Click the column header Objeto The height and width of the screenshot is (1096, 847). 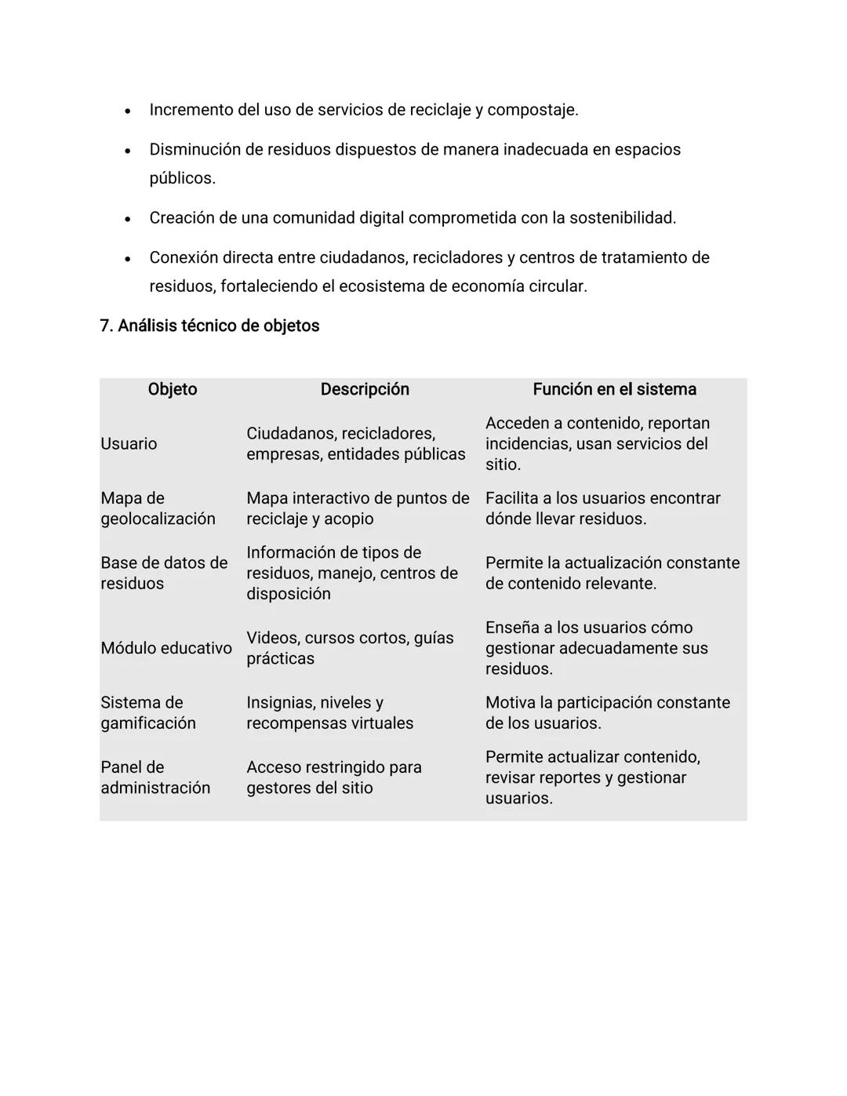click(x=172, y=389)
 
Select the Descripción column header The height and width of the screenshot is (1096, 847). click(x=365, y=389)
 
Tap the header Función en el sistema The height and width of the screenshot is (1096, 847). click(x=614, y=389)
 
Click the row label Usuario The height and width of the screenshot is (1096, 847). click(x=129, y=444)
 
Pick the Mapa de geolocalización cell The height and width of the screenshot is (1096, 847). click(x=158, y=508)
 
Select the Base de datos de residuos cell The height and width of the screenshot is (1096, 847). click(x=164, y=573)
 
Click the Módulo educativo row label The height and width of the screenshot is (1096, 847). click(x=166, y=648)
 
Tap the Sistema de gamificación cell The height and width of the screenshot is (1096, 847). click(x=148, y=712)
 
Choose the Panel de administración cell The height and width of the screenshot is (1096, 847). click(x=155, y=777)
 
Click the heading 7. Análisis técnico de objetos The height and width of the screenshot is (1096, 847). click(x=209, y=326)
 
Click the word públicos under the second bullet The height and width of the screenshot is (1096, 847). click(x=181, y=178)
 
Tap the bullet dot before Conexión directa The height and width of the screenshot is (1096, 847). click(x=127, y=259)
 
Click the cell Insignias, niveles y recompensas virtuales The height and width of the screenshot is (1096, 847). click(x=329, y=712)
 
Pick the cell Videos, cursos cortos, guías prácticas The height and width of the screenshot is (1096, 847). click(x=350, y=648)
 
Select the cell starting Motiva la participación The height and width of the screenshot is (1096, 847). click(x=607, y=712)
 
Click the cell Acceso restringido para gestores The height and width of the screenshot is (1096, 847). click(x=333, y=777)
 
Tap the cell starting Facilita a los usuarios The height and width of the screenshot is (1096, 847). click(x=602, y=508)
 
